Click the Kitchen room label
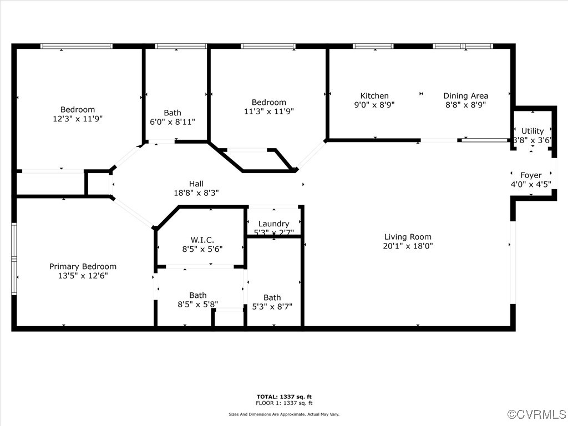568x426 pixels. click(x=374, y=96)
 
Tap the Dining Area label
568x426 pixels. click(x=465, y=96)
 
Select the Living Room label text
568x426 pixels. click(x=408, y=237)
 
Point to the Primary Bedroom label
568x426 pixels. click(x=83, y=266)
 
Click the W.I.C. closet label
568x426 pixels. click(x=202, y=240)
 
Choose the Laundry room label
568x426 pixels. click(x=273, y=224)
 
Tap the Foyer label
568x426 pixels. click(x=531, y=175)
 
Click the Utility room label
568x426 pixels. click(x=532, y=131)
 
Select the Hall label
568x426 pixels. click(x=196, y=184)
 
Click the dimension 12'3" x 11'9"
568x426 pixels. click(x=78, y=119)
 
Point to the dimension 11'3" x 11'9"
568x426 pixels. click(x=269, y=111)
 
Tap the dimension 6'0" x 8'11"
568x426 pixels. click(x=173, y=121)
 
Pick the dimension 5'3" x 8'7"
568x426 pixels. click(x=272, y=306)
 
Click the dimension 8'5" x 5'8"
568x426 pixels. click(x=198, y=304)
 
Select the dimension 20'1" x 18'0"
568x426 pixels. click(x=408, y=246)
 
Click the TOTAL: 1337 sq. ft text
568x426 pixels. click(x=284, y=397)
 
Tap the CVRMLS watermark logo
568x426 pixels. click(x=537, y=414)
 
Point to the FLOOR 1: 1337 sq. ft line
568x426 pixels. click(x=284, y=403)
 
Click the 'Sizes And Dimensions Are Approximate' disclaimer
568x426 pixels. click(x=284, y=414)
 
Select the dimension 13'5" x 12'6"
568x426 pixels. click(x=83, y=275)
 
